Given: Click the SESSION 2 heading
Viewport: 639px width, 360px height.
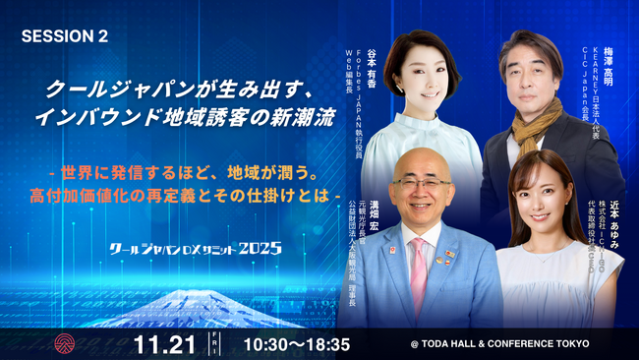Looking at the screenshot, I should click(x=64, y=36).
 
